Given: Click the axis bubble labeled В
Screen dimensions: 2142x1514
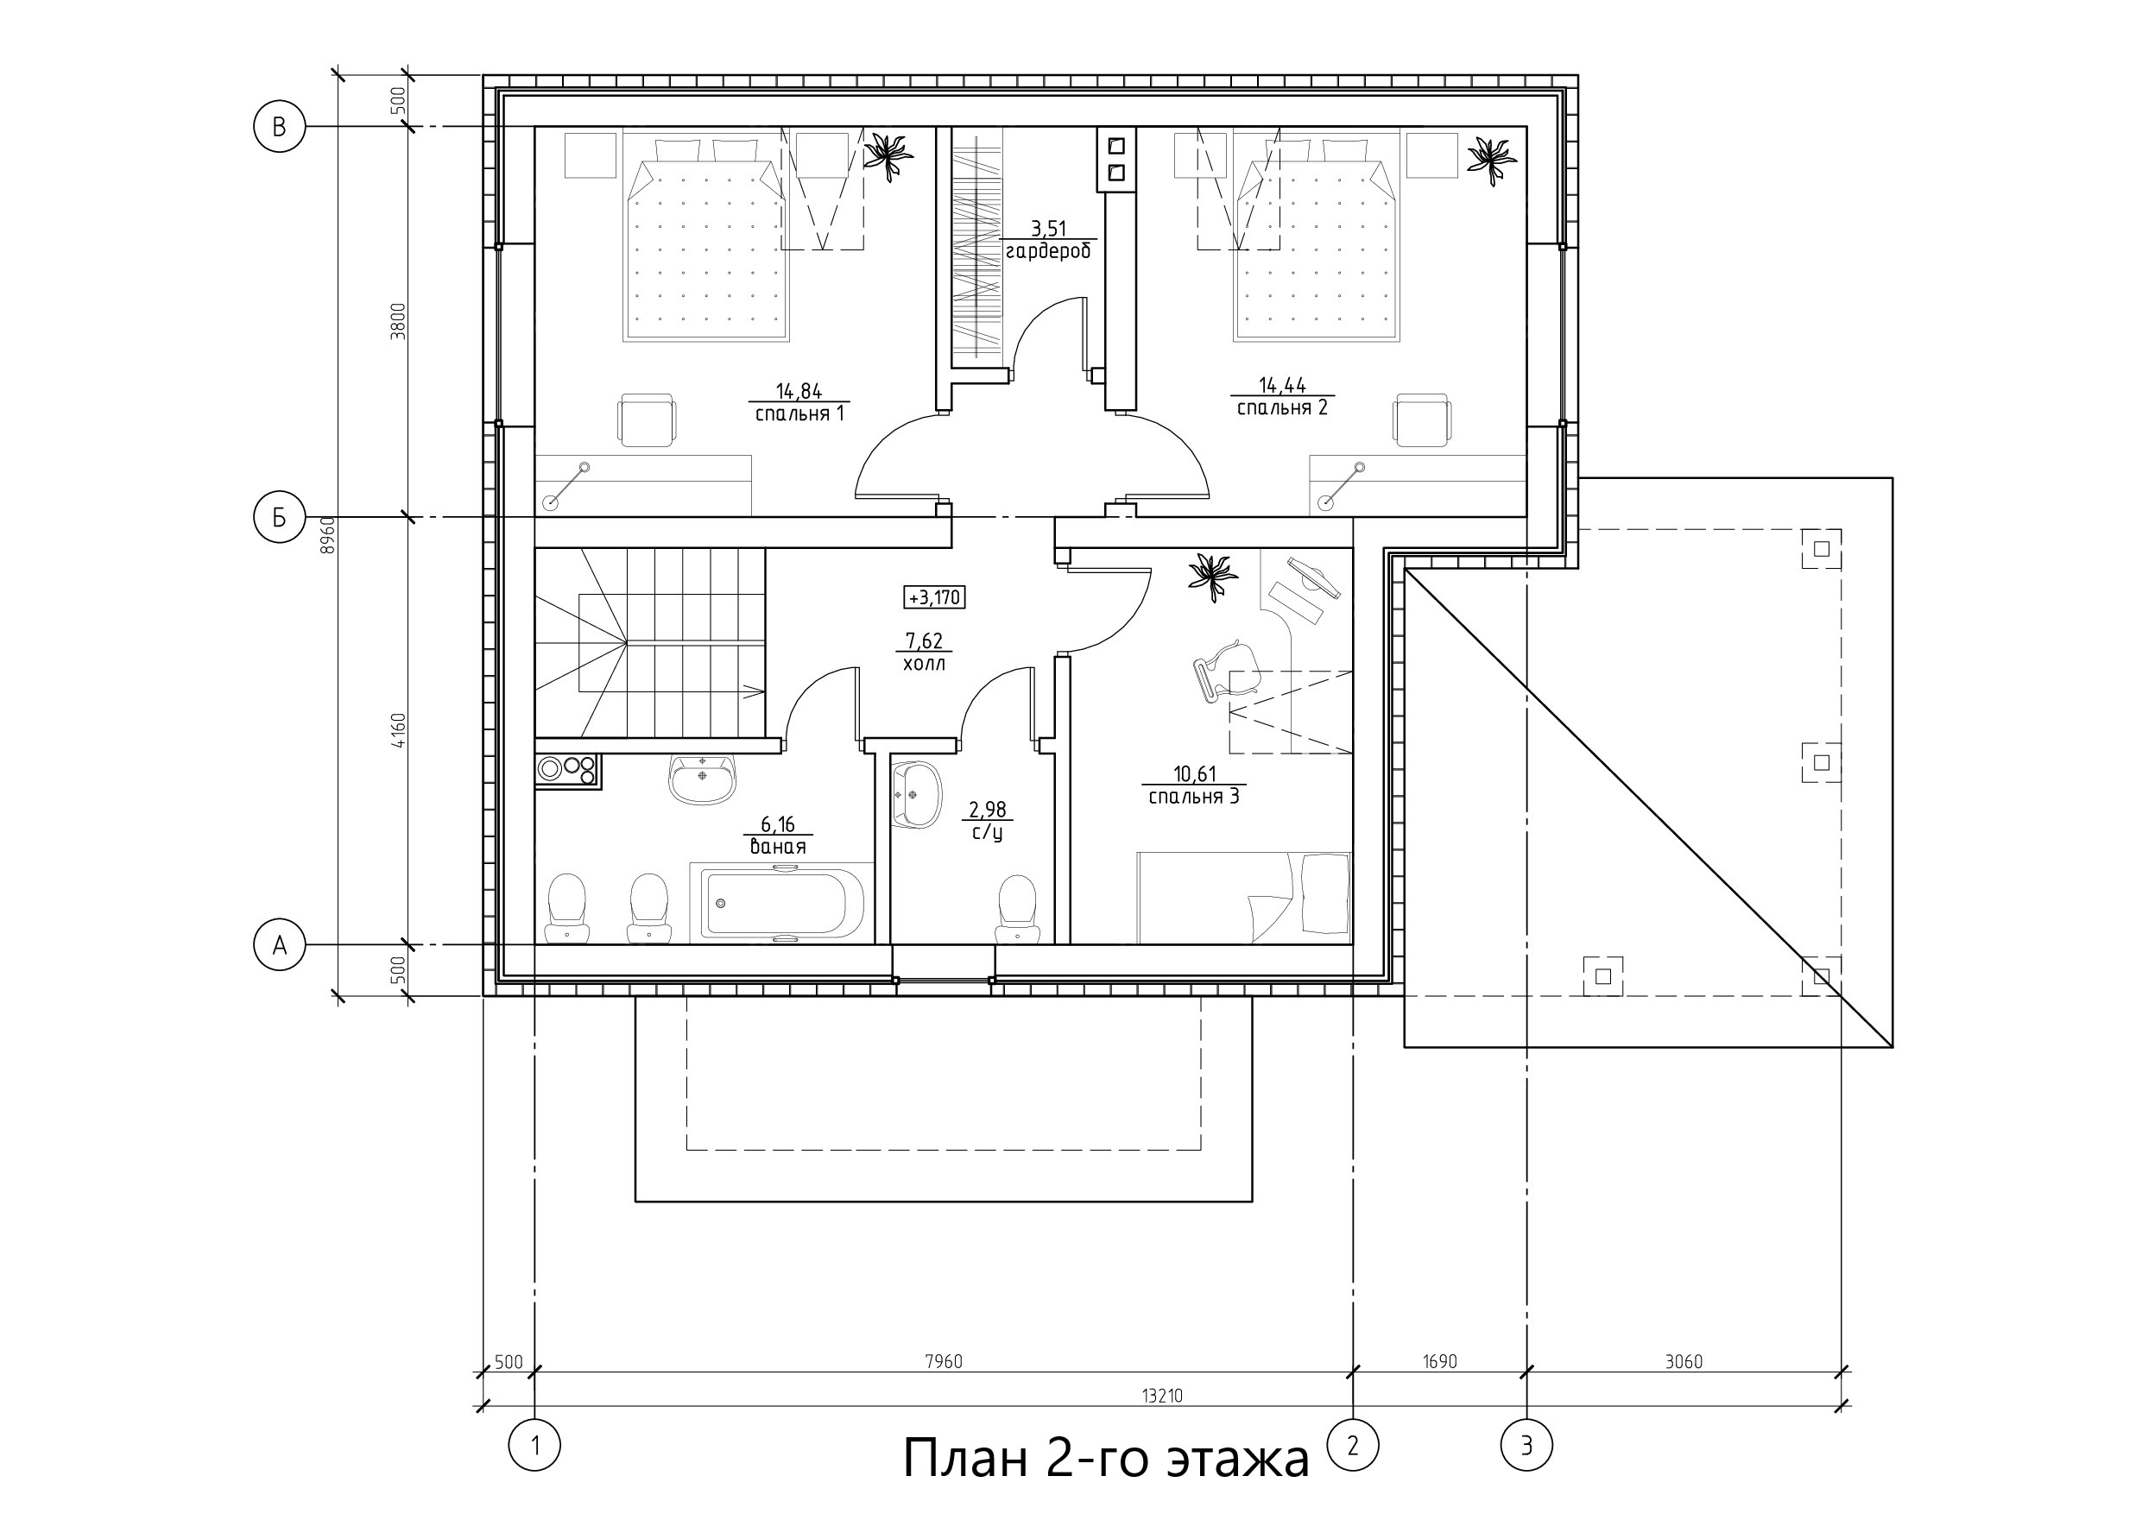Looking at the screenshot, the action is click(x=279, y=126).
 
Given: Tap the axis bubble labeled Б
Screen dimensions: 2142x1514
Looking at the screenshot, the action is click(x=279, y=517).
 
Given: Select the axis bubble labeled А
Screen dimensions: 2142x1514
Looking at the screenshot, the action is click(x=279, y=945).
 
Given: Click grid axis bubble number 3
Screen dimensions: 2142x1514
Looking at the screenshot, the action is click(x=1526, y=1446).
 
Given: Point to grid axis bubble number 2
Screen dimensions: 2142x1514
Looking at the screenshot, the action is click(x=1353, y=1446).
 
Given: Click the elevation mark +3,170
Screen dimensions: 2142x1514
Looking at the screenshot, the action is click(x=934, y=597).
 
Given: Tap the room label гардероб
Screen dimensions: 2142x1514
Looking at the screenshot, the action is click(x=1049, y=251).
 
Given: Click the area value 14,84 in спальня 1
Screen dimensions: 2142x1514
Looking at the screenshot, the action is click(x=799, y=391).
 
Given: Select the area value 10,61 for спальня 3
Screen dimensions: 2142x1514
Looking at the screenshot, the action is click(x=1195, y=773).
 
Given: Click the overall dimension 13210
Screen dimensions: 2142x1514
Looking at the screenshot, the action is click(x=1162, y=1397).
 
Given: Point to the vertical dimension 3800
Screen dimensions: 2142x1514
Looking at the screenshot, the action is click(x=398, y=321).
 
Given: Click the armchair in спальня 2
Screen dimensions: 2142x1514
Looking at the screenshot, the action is click(x=1422, y=420).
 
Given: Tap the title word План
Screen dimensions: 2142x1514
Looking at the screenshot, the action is click(x=965, y=1458).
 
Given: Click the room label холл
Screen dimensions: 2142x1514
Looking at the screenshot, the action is click(x=924, y=664).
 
